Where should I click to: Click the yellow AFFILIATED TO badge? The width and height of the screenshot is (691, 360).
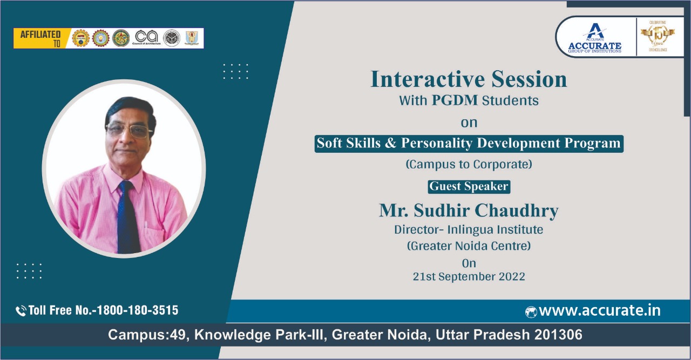pos(41,38)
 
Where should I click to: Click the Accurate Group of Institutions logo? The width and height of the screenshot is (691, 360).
pos(594,38)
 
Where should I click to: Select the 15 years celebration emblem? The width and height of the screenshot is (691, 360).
pos(658,37)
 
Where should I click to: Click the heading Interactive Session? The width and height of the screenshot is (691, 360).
pos(469,79)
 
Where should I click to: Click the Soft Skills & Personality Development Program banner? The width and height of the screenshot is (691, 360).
pos(469,144)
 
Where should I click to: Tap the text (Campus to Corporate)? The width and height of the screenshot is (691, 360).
pos(469,165)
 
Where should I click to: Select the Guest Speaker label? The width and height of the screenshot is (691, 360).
pos(469,186)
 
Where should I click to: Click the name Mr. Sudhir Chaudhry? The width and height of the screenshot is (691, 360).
pos(469,210)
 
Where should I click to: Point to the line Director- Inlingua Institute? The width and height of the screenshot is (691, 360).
pos(469,229)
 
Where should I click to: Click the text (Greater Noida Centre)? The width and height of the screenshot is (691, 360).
pos(469,246)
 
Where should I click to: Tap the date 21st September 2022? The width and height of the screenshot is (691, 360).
pos(469,276)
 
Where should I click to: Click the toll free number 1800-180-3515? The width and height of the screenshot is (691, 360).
pos(141,310)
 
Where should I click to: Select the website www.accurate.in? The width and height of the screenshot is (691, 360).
pos(599,311)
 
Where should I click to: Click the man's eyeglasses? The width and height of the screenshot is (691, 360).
pos(129,130)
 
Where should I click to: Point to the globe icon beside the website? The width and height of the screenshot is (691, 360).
pos(531,311)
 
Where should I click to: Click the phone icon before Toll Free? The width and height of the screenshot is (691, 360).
pos(21,311)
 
